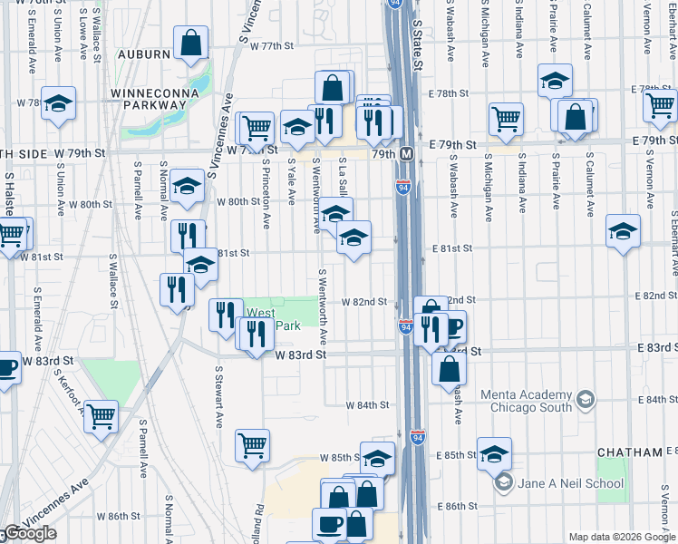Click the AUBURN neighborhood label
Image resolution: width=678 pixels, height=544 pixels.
(x=141, y=54)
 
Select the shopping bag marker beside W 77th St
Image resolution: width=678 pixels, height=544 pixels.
(x=190, y=44)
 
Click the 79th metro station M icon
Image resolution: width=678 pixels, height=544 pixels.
(x=408, y=154)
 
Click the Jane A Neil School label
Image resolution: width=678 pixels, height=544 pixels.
(x=571, y=482)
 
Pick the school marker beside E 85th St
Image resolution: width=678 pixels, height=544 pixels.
(x=495, y=452)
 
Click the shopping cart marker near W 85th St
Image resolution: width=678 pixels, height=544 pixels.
(x=252, y=444)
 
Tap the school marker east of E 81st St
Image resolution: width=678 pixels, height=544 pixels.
(x=623, y=230)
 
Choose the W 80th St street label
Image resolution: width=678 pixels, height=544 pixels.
(x=238, y=201)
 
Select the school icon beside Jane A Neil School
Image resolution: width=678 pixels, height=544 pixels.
(x=504, y=482)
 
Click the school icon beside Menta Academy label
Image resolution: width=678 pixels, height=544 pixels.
(x=586, y=399)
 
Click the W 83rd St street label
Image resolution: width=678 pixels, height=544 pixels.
(x=301, y=355)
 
